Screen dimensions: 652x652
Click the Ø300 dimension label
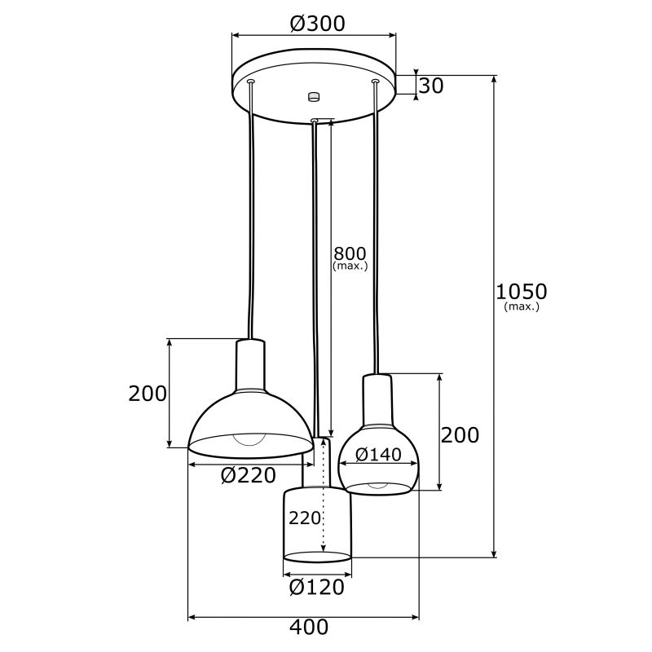[x=317, y=24]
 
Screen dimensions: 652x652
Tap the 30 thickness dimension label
[x=431, y=86]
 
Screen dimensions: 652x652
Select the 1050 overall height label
[x=522, y=292]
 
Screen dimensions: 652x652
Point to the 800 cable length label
[x=350, y=253]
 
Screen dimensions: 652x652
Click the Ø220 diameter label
[x=249, y=475]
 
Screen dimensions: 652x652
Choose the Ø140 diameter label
[x=378, y=455]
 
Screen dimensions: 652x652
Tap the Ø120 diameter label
[x=317, y=587]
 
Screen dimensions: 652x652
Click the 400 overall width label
[x=309, y=627]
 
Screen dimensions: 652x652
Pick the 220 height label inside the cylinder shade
[x=305, y=518]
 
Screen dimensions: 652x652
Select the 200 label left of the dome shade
[x=148, y=394]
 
